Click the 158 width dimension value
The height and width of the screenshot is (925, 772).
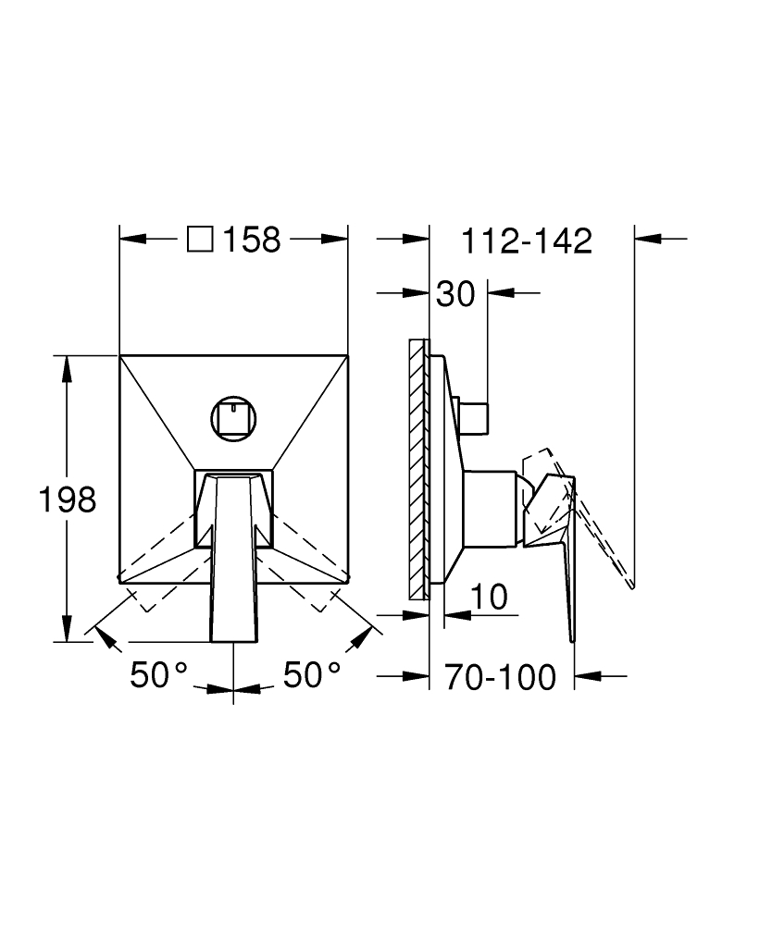(252, 240)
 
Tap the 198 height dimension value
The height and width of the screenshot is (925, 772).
(68, 499)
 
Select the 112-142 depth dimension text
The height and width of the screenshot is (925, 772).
(527, 240)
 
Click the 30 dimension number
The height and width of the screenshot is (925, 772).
(455, 294)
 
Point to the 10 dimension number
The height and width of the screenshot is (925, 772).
(490, 597)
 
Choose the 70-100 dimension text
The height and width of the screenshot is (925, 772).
(501, 677)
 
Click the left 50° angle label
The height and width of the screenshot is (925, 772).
(159, 675)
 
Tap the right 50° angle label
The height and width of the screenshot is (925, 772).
(312, 675)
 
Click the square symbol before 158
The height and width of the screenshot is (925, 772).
(200, 240)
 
